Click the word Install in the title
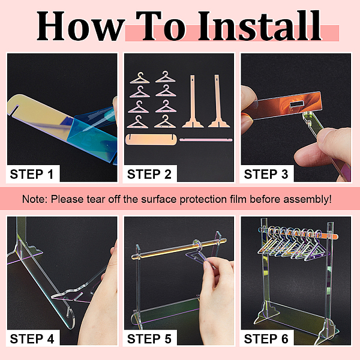[260, 26]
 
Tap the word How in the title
[80, 26]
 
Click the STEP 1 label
[32, 174]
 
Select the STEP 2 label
[149, 174]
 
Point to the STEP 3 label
[266, 174]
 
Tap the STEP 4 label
[32, 339]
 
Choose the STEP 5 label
[149, 339]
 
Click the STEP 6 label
[266, 339]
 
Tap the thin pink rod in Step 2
[206, 140]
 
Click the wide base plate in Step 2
[152, 139]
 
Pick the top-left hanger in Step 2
[140, 78]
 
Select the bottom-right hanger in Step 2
[165, 122]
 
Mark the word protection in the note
[203, 199]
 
